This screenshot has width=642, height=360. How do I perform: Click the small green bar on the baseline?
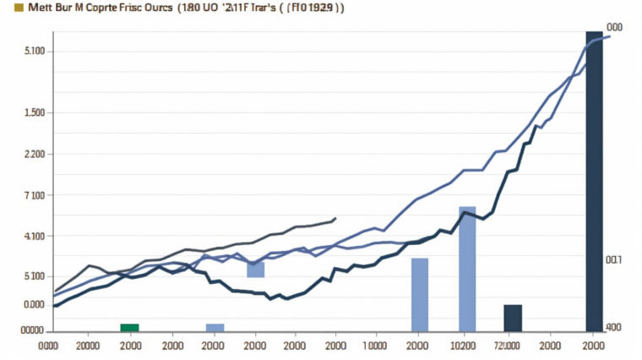click(129, 327)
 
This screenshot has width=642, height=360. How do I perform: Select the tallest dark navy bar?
click(595, 182)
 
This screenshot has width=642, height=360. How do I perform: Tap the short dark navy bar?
click(513, 318)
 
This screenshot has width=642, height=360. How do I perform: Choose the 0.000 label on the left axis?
click(34, 304)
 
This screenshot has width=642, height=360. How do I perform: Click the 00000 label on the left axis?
click(31, 330)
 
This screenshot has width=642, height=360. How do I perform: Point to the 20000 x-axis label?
click(89, 346)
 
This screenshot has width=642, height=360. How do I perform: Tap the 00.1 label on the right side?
click(613, 260)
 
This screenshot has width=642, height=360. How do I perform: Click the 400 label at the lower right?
click(612, 327)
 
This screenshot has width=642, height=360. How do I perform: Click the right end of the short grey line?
click(335, 218)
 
